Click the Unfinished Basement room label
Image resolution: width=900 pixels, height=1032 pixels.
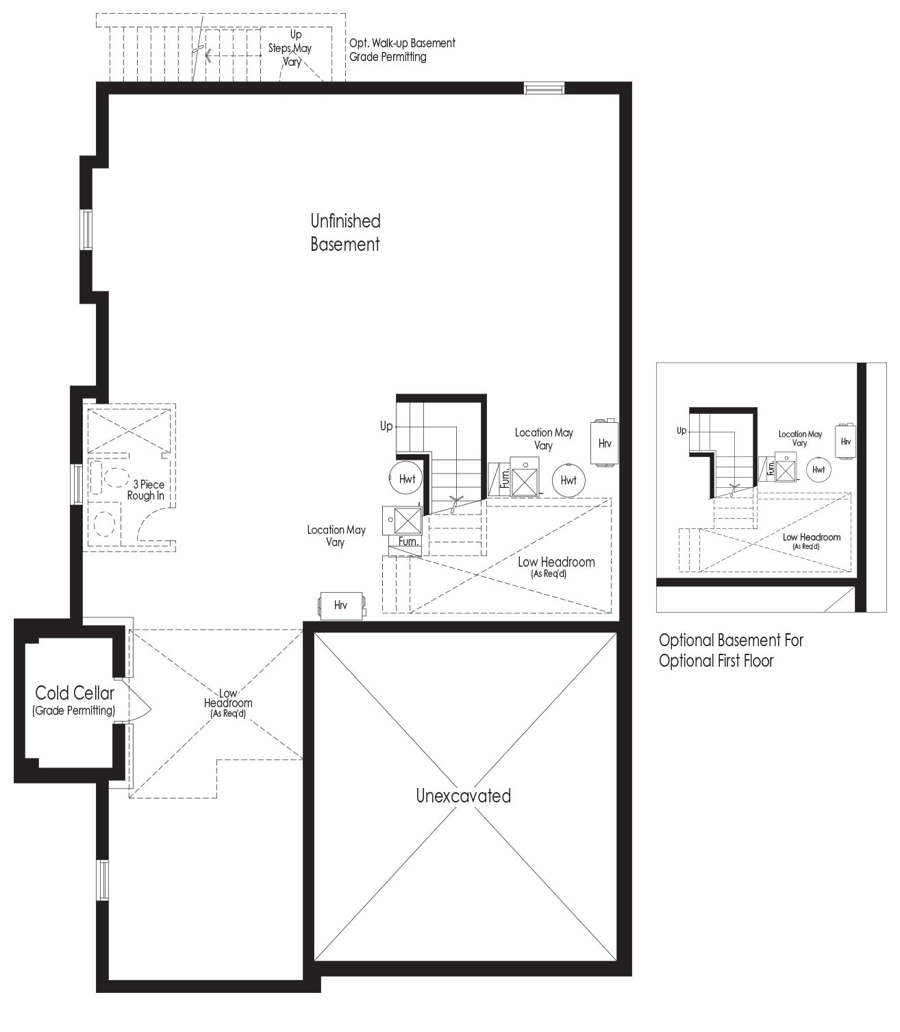point(345,232)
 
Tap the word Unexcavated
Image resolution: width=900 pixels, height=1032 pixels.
point(464,796)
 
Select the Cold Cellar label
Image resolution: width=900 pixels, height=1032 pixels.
point(74,700)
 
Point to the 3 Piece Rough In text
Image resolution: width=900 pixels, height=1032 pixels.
point(146,490)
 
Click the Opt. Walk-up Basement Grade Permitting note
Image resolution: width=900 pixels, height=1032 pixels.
point(402,50)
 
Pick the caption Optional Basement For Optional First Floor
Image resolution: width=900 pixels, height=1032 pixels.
point(731,650)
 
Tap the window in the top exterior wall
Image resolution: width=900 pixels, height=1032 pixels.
point(544,88)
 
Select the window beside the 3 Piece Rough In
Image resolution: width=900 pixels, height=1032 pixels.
point(77,484)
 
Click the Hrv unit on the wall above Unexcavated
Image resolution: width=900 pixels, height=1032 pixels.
point(341,605)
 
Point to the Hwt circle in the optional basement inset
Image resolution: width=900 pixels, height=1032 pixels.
point(818,469)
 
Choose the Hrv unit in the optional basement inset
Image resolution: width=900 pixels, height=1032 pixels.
point(845,441)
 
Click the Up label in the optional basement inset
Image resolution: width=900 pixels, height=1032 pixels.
point(682,431)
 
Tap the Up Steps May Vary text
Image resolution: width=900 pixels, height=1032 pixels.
point(290,48)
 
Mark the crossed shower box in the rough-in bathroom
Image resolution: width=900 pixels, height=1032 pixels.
point(129,431)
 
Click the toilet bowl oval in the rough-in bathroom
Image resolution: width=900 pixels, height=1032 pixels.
point(116,477)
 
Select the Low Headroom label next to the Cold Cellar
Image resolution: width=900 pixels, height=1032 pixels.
point(228,703)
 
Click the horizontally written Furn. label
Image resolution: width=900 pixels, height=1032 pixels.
point(408,542)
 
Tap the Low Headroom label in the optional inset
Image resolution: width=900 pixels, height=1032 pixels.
point(811,541)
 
